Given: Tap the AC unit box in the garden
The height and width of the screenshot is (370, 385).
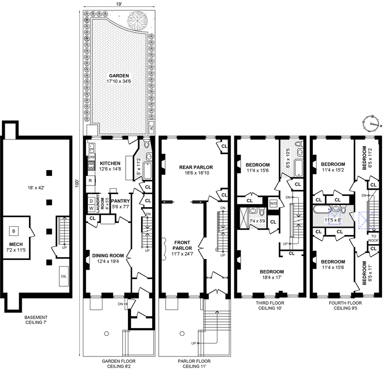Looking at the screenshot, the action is (x=152, y=127).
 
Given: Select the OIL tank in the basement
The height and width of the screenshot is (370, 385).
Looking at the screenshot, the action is (x=64, y=276).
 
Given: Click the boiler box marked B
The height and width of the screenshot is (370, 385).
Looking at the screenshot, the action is (x=14, y=231).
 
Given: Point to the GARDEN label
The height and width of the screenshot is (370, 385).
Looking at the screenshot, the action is (x=119, y=76).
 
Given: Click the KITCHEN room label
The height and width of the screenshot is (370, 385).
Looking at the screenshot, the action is (x=110, y=163).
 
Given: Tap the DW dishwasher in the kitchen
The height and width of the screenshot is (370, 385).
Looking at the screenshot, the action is (x=91, y=157).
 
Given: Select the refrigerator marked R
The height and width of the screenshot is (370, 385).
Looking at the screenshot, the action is (x=90, y=181).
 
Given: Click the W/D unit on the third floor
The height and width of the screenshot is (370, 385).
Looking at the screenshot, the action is (x=273, y=203).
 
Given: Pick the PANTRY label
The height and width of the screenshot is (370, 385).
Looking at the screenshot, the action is (x=120, y=201).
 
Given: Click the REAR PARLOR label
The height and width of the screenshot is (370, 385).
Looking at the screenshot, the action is (x=196, y=167).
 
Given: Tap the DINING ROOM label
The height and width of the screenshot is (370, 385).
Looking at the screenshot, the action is (x=108, y=256).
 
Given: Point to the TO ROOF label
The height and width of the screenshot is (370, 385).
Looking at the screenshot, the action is (x=373, y=238).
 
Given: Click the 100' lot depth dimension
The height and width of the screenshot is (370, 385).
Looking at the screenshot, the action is (x=77, y=184).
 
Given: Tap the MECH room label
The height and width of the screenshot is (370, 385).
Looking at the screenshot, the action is (x=16, y=244).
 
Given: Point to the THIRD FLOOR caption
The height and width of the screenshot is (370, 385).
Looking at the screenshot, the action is (x=270, y=303).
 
